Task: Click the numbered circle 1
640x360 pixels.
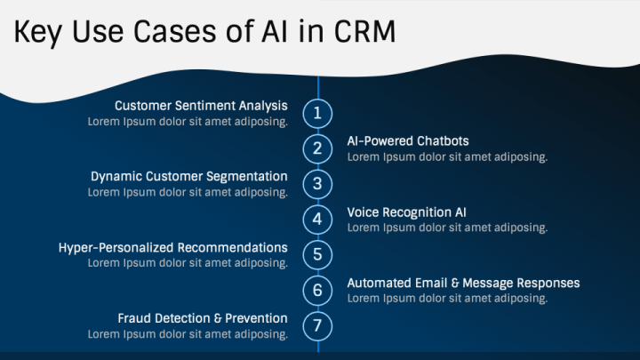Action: (x=317, y=113)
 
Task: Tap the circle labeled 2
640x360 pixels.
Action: (x=317, y=148)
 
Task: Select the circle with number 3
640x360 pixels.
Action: (x=317, y=184)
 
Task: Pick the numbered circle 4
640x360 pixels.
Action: (x=317, y=220)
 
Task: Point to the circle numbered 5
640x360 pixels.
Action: (x=317, y=255)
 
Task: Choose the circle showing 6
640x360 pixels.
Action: (x=317, y=291)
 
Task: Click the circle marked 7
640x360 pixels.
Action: (x=317, y=326)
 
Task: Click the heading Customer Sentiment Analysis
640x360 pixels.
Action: (x=201, y=106)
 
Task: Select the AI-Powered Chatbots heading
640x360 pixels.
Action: (x=408, y=141)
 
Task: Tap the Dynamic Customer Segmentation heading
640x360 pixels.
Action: (x=188, y=177)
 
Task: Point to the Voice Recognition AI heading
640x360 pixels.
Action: (x=406, y=212)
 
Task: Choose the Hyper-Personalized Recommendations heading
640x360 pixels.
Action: (x=172, y=248)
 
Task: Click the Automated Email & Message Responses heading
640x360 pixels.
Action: (x=463, y=284)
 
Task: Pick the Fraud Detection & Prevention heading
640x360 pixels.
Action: (x=203, y=318)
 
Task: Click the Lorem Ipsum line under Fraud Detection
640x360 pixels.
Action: (x=187, y=334)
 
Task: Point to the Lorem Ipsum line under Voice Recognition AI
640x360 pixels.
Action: (x=447, y=228)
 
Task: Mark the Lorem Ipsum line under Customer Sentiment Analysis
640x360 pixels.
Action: (x=187, y=122)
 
